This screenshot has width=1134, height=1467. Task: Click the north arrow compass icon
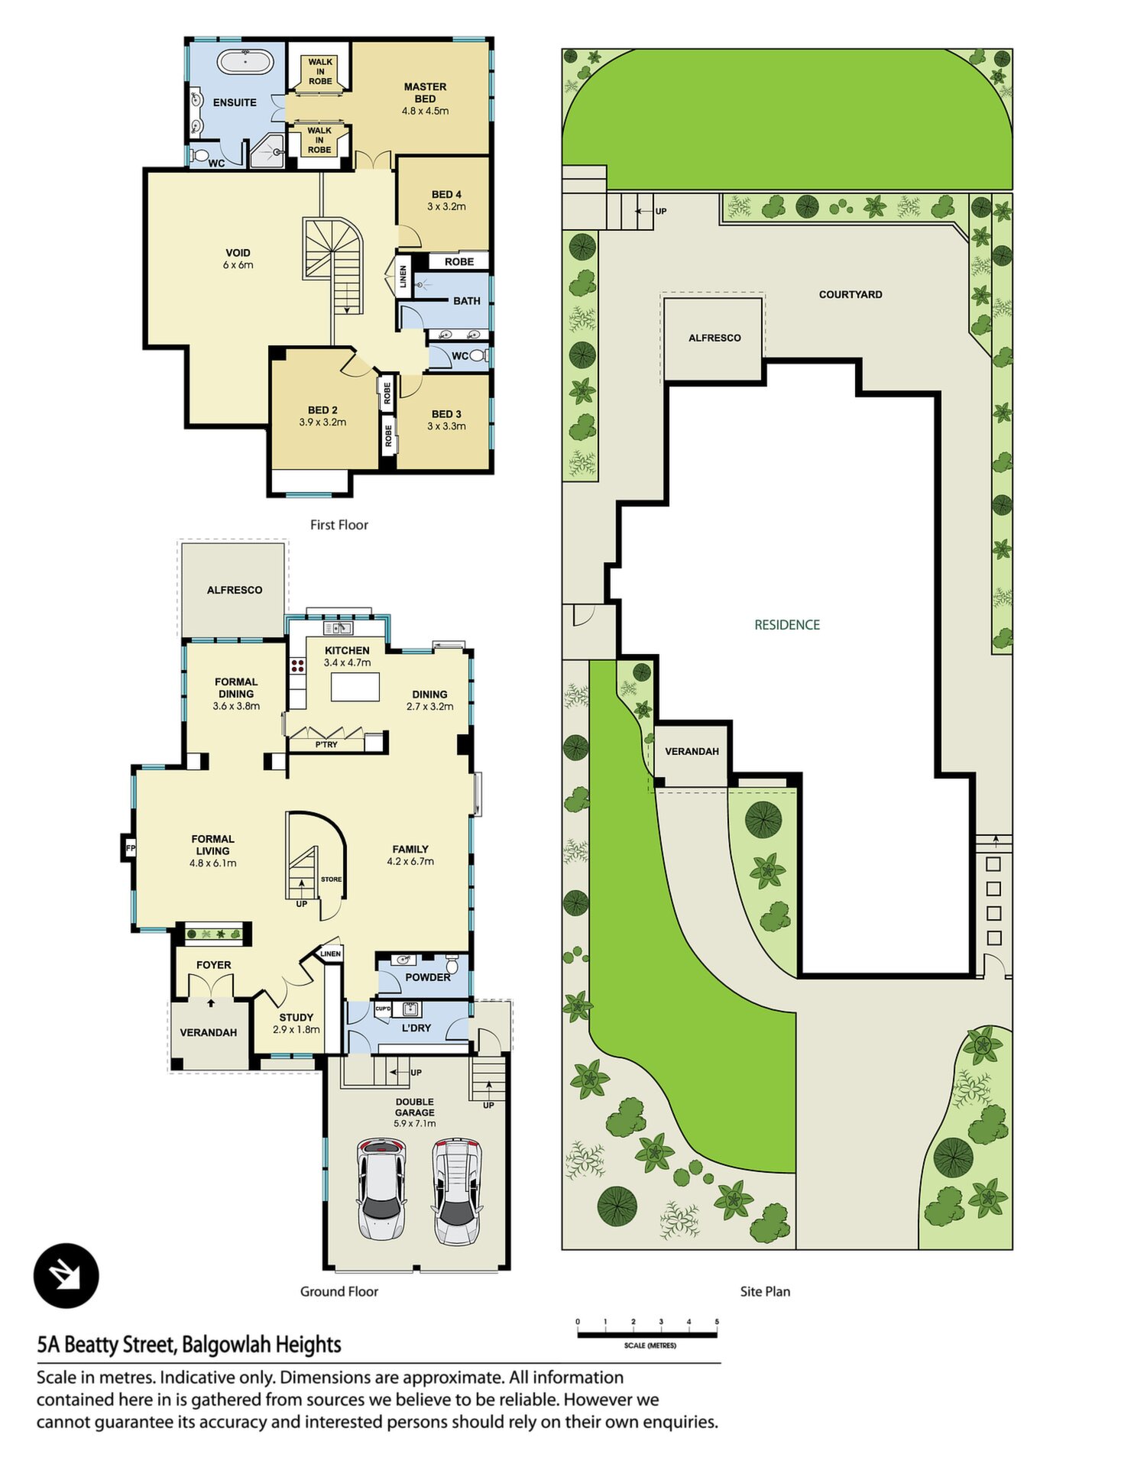coord(66,1276)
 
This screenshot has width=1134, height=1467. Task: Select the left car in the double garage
coord(382,1189)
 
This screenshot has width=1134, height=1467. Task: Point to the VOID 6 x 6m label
coord(238,259)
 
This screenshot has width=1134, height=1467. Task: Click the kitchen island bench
coord(355,686)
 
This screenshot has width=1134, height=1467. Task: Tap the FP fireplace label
coord(131,848)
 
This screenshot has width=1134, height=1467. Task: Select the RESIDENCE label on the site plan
coord(787,625)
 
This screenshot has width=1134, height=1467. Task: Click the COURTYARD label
coord(851,294)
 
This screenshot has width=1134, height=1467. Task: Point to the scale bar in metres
coord(647,1335)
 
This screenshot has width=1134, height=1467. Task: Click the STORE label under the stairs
coord(331,879)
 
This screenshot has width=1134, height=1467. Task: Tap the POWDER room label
coord(428,977)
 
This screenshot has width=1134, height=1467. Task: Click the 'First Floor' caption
coord(339,525)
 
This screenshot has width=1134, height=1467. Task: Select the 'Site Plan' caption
coord(765,1291)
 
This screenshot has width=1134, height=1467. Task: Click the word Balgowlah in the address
coord(225,1345)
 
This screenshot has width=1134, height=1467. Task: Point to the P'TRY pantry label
coord(326,744)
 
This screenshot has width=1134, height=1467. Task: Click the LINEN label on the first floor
coord(403,277)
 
